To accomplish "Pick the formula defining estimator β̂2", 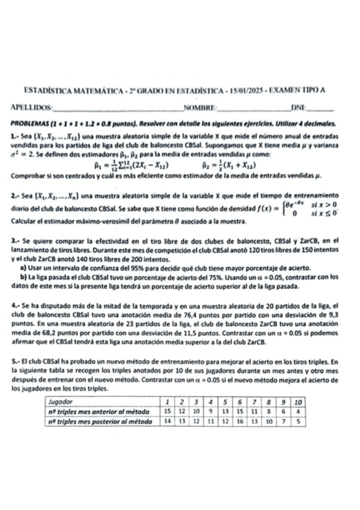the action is (227, 164).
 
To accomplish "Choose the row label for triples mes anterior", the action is (99, 412).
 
